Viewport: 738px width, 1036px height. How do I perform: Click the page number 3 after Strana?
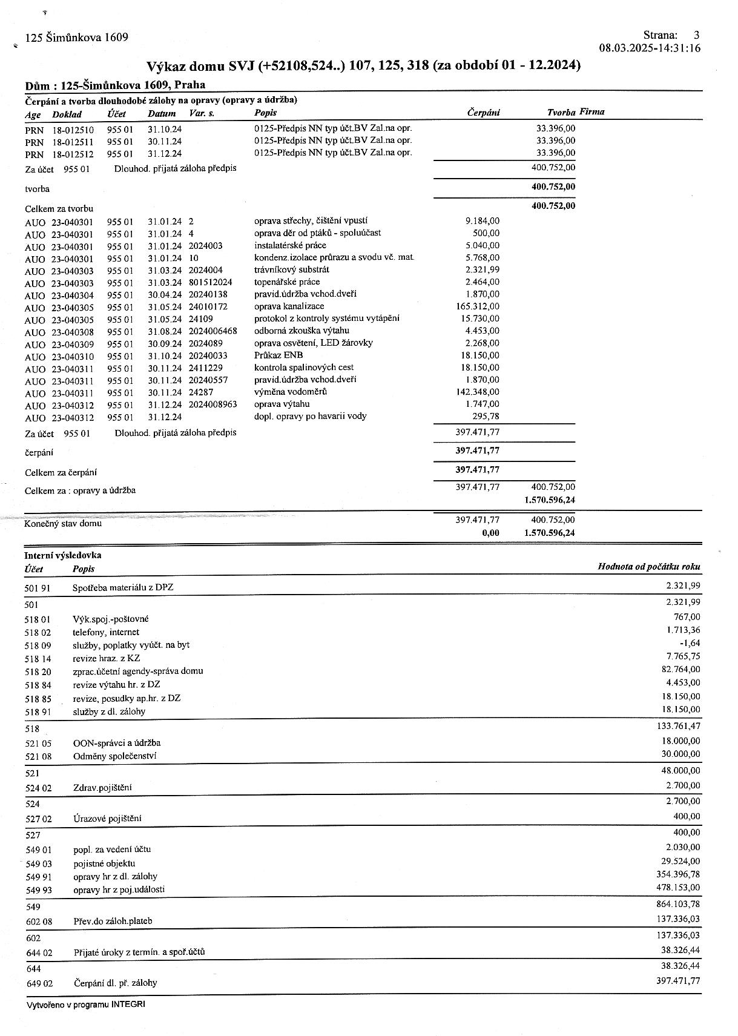click(x=696, y=35)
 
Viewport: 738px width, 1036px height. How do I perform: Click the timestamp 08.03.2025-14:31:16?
click(x=650, y=48)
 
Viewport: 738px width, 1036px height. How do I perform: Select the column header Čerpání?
click(x=483, y=113)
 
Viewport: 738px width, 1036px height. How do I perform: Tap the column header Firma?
click(x=591, y=112)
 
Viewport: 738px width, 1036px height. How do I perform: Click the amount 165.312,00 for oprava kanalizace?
click(x=478, y=306)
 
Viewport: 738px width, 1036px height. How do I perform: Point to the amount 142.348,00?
click(x=478, y=392)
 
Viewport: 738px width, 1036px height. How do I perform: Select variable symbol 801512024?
click(x=210, y=282)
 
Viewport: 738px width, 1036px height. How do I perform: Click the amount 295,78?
click(x=486, y=417)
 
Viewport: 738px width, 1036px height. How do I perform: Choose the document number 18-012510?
click(x=73, y=129)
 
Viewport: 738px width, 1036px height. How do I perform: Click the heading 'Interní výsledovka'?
click(x=63, y=555)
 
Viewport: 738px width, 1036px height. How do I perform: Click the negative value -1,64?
click(x=690, y=644)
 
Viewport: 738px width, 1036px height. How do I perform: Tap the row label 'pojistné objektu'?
click(x=104, y=863)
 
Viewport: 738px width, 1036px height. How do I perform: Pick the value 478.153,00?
click(x=678, y=888)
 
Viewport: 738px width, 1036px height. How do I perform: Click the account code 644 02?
click(x=39, y=953)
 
